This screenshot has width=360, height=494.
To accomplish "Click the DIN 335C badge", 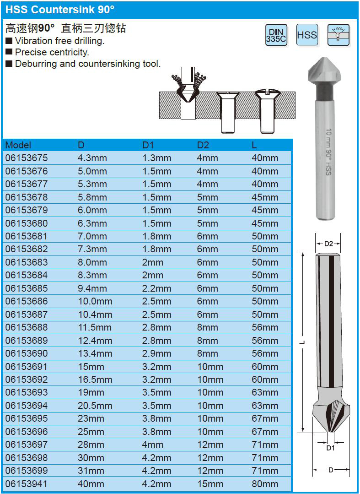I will click(x=276, y=35).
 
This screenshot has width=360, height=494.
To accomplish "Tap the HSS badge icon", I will click(x=307, y=35).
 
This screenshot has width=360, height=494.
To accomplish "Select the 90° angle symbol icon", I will click(x=339, y=35).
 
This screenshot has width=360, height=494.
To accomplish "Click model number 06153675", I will click(x=26, y=158).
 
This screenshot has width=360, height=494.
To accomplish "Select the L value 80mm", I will click(x=265, y=483).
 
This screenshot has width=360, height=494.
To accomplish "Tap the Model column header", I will click(x=18, y=145).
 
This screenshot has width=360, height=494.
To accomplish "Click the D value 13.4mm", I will click(x=95, y=353).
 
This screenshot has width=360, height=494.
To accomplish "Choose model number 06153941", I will click(x=26, y=483).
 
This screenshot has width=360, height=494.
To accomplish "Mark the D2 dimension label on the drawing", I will click(x=328, y=244).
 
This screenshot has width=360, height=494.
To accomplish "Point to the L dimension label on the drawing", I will click(x=303, y=342).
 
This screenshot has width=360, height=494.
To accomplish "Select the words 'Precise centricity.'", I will click(x=52, y=52).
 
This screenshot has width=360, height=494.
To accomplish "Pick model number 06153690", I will click(x=26, y=353).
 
